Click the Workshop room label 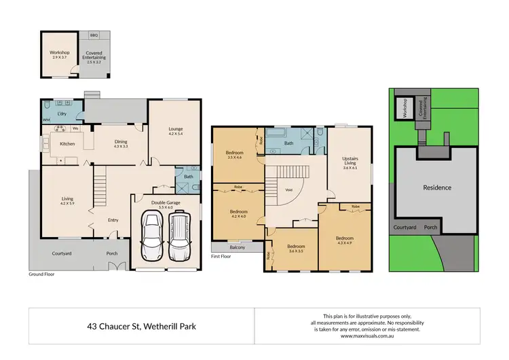pos(60,54)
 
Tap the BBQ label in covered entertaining pos(93,33)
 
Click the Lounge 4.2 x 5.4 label pos(176,131)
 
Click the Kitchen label pos(67,144)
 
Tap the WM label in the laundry pos(46,120)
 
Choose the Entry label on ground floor pos(113,220)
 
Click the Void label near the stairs pos(288,190)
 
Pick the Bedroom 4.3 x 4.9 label pos(344,240)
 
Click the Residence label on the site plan pos(437,187)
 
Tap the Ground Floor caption pos(41,274)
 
